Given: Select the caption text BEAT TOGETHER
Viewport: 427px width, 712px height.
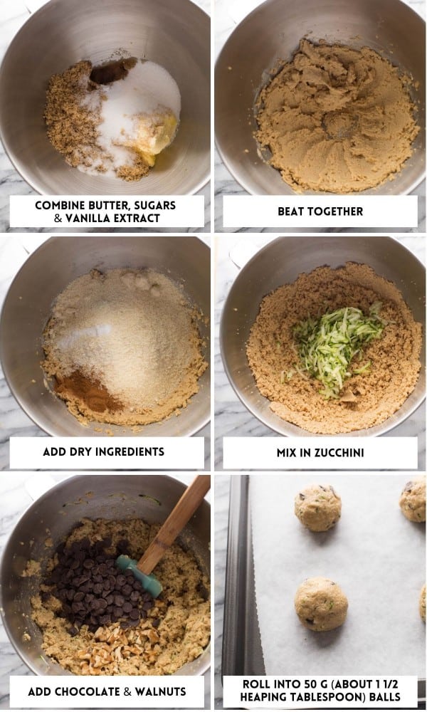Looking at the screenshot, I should (320, 211).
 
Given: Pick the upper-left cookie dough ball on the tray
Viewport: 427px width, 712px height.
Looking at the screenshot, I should (317, 508).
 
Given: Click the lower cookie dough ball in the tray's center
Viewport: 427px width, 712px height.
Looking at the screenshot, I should (321, 604).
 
